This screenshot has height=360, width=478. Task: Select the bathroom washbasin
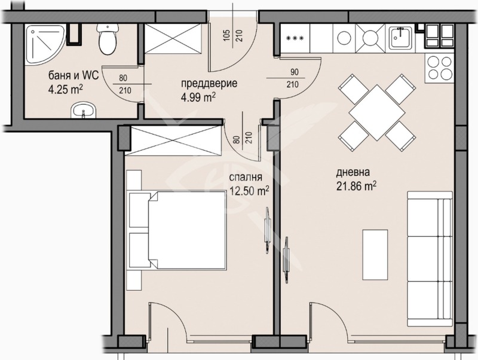point(82,110)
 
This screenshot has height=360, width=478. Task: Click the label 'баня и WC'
point(69,77)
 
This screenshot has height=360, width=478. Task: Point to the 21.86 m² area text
point(357,186)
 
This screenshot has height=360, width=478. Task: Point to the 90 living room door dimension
point(293,72)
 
